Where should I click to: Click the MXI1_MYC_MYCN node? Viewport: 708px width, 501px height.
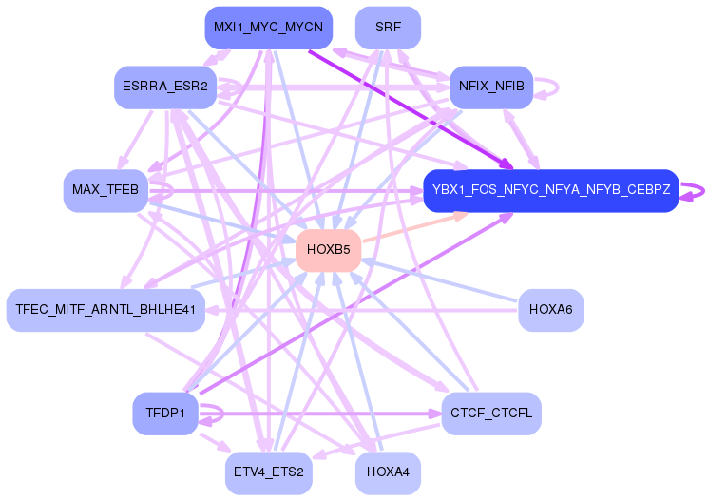pos(268,27)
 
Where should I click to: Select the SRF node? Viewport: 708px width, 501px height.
pos(388,27)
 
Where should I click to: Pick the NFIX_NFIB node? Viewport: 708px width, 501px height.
pos(490,87)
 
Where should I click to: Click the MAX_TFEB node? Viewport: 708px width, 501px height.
pos(105,190)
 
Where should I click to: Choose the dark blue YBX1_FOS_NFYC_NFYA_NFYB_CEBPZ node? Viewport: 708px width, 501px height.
pos(551,190)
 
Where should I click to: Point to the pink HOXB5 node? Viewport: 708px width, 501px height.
pos(329,251)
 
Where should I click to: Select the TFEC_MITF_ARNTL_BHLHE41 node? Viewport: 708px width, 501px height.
pos(105,310)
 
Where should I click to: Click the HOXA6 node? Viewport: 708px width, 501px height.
pos(551,310)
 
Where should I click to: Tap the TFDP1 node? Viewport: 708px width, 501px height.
pos(165,414)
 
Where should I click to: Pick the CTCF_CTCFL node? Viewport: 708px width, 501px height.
pos(491,414)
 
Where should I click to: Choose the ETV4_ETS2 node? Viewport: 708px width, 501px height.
pos(269,472)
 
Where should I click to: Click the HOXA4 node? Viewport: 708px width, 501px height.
pos(388,472)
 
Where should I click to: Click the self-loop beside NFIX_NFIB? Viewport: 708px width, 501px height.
pos(556,87)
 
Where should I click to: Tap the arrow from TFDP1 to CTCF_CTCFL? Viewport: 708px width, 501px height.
pos(323,414)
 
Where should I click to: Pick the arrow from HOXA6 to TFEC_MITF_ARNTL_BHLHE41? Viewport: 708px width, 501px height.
pos(361,310)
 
